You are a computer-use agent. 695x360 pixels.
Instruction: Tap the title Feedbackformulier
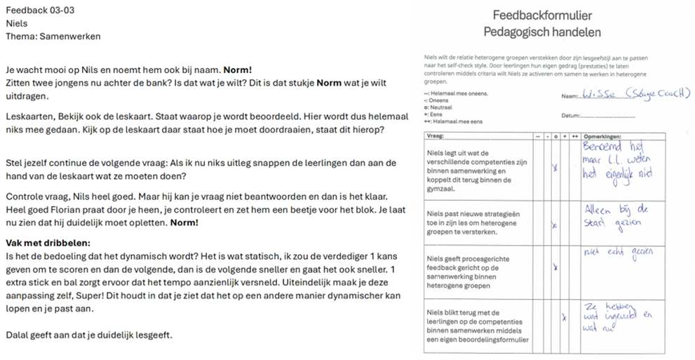(x=541, y=15)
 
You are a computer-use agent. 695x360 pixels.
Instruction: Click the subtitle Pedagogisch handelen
(x=541, y=32)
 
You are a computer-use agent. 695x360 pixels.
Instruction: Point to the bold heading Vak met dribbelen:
(x=43, y=242)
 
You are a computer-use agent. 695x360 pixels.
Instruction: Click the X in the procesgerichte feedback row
(x=555, y=267)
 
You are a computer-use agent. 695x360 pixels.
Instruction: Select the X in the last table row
(x=565, y=318)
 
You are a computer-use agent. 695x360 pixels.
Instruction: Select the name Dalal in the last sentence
(x=18, y=335)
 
